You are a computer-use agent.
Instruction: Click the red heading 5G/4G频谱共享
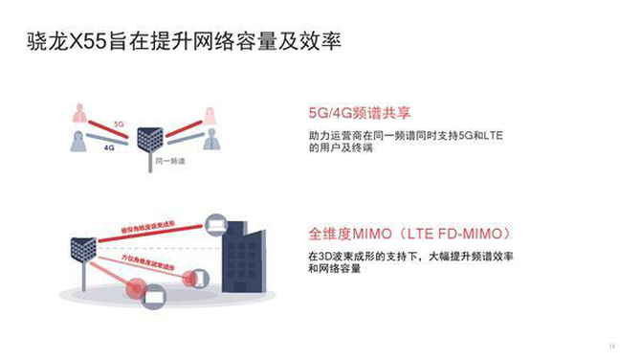tap(353, 109)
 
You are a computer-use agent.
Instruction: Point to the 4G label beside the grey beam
tap(110, 148)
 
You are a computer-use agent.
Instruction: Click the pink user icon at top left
tap(80, 113)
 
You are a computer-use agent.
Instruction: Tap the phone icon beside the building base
tap(198, 279)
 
